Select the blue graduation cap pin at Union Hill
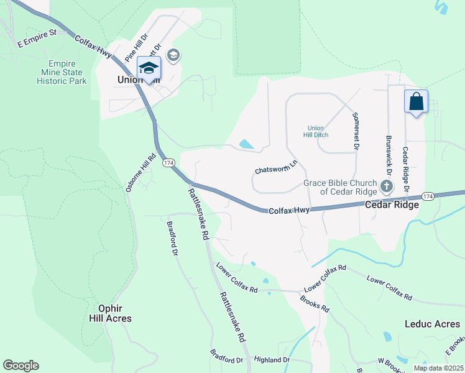click(149, 68)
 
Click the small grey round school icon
click(173, 56)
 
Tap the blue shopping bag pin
click(416, 101)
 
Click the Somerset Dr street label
click(356, 131)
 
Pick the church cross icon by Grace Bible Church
click(387, 186)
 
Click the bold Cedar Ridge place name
click(391, 205)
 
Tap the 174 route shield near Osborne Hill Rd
click(168, 162)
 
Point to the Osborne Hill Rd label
click(140, 173)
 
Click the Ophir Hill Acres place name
click(106, 313)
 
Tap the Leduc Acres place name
click(432, 324)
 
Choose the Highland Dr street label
click(272, 360)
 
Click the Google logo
click(21, 366)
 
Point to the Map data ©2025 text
click(438, 368)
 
